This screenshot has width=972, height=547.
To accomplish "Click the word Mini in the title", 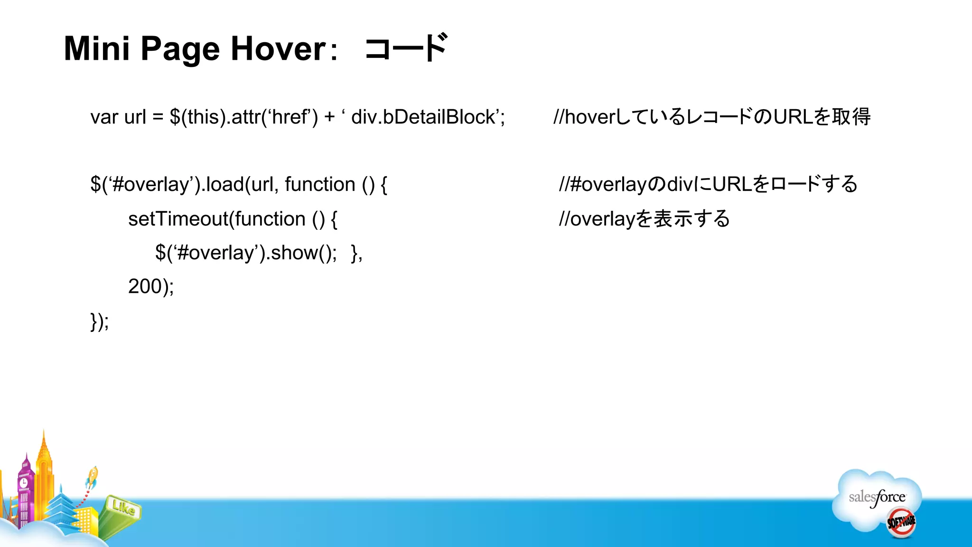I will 96,48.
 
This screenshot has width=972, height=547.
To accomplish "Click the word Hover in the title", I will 278,48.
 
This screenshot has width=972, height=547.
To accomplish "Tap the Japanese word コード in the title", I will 406,48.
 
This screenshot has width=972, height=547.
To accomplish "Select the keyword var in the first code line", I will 104,117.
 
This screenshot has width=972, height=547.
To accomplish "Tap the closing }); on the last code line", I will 100,321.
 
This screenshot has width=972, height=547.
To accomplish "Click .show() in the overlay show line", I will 301,253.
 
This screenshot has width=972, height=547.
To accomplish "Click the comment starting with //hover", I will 712,117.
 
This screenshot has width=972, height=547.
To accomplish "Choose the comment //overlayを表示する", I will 644,219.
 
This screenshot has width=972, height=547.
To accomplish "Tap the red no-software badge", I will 901,522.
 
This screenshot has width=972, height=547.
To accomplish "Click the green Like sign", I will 123,508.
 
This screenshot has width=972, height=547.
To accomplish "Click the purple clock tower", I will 25,489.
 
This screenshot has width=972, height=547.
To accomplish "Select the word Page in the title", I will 180,49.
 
